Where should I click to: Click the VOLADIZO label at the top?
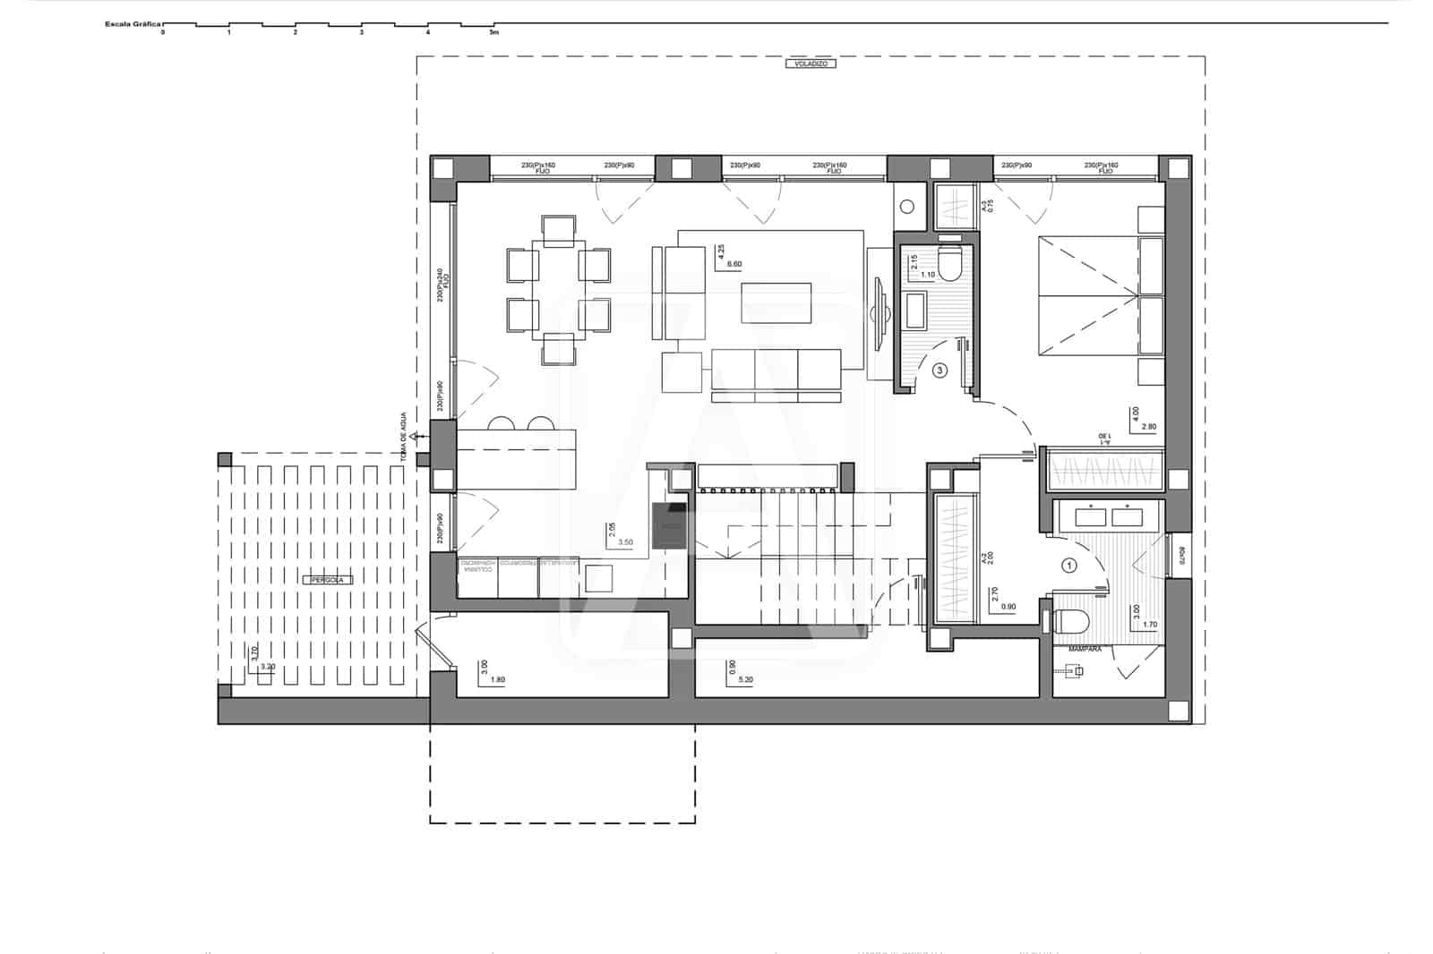[x=810, y=64]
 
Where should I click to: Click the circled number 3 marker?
[x=940, y=369]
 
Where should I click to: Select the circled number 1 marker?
[x=1068, y=565]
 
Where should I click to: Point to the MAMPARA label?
[x=1085, y=648]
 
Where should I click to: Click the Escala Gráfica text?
[x=133, y=24]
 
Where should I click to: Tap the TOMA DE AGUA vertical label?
[x=404, y=437]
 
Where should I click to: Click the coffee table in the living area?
[x=777, y=302]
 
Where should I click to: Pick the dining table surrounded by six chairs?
[x=558, y=289]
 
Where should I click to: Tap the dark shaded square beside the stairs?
[x=670, y=524]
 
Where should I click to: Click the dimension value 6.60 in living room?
[x=734, y=264]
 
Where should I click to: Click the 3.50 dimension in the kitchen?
[x=626, y=542]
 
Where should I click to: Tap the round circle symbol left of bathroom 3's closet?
[x=906, y=208]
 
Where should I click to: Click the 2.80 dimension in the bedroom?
[x=1149, y=427]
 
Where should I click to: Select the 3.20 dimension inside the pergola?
[x=267, y=667]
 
